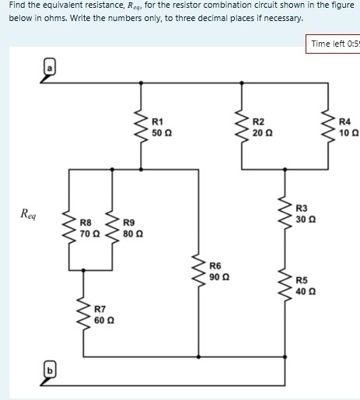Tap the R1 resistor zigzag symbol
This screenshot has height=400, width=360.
click(x=142, y=126)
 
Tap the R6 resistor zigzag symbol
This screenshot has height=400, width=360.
click(x=198, y=270)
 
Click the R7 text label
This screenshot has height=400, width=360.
click(x=100, y=310)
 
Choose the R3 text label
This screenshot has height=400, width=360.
click(x=302, y=209)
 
